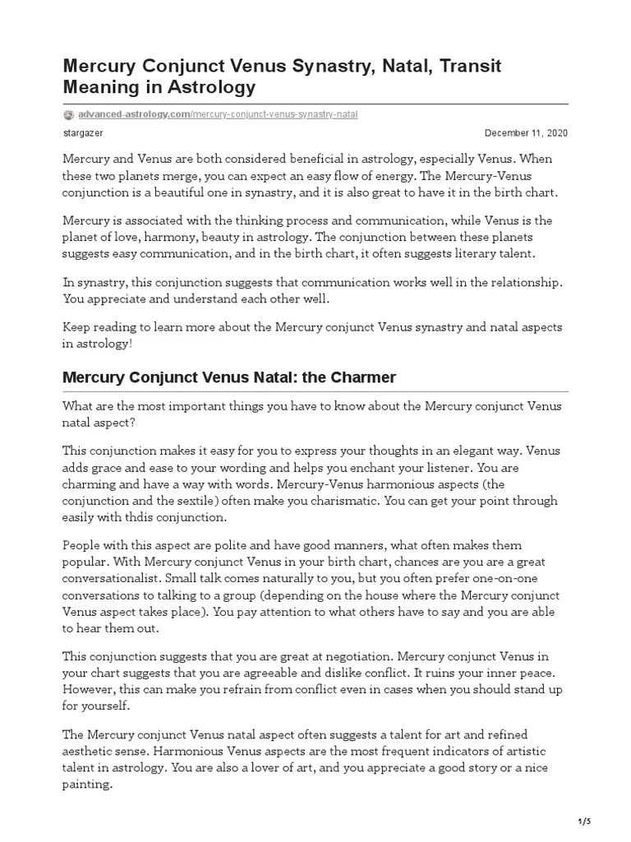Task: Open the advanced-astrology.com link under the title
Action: coord(133,114)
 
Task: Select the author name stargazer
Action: coord(83,133)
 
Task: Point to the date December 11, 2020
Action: coord(526,133)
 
